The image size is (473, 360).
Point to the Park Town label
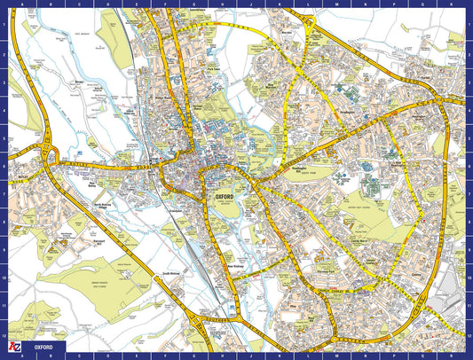tap(213, 68)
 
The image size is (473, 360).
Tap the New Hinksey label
tap(236, 265)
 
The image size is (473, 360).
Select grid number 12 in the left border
tap(4, 325)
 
